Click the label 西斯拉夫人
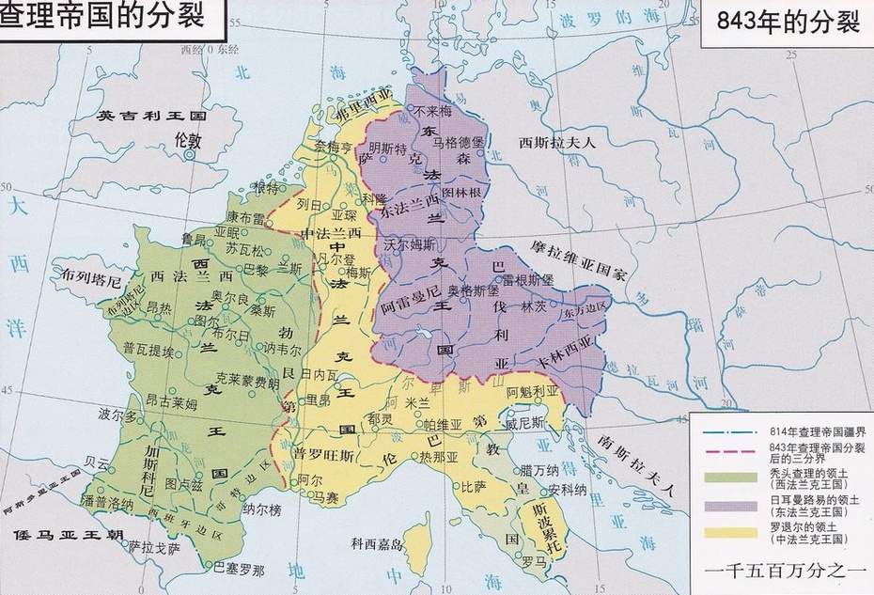tap(557, 143)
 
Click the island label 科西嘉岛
tap(377, 543)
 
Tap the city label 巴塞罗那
tap(239, 569)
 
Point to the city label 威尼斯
tap(524, 424)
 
